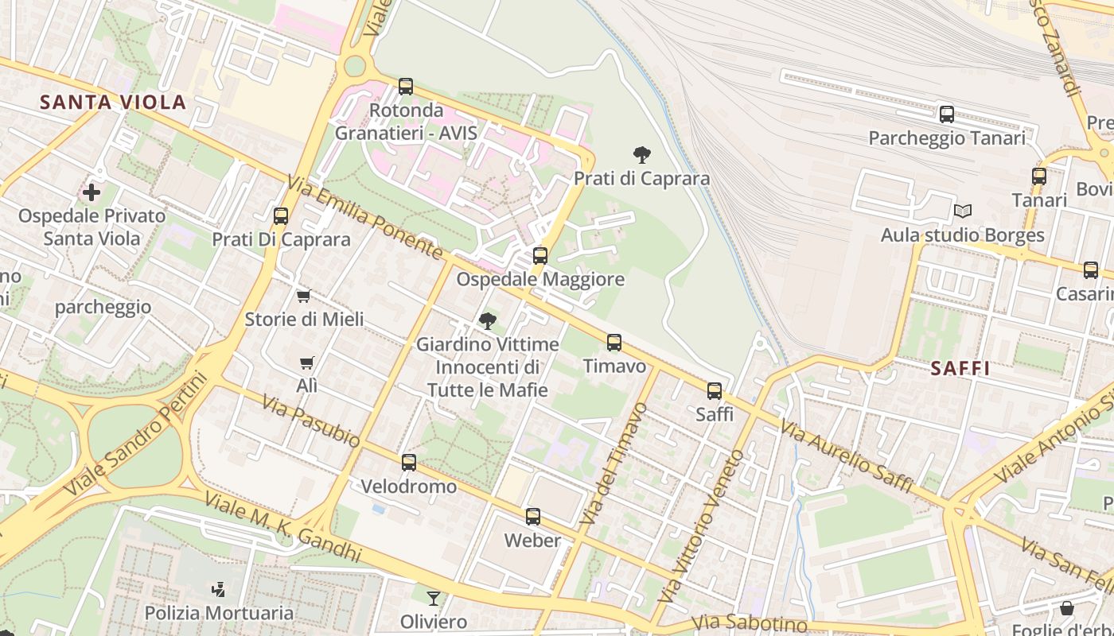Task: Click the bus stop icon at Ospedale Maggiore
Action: pyautogui.click(x=540, y=256)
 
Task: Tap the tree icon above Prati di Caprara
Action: pyautogui.click(x=641, y=154)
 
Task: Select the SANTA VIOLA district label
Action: pyautogui.click(x=113, y=102)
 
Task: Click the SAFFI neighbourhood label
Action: pyautogui.click(x=960, y=368)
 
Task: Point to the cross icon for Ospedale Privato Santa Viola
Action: pyautogui.click(x=92, y=192)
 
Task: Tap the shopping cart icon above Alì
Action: pyautogui.click(x=306, y=363)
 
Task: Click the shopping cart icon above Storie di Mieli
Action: pyautogui.click(x=303, y=297)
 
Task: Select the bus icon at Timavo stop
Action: pyautogui.click(x=614, y=343)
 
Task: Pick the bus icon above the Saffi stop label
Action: pyautogui.click(x=715, y=391)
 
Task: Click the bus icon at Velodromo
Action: pyautogui.click(x=409, y=463)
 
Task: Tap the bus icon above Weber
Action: pyautogui.click(x=533, y=517)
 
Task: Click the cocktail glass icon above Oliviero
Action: pyautogui.click(x=433, y=598)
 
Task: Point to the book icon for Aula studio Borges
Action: pyautogui.click(x=963, y=211)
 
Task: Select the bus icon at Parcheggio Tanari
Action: pyautogui.click(x=946, y=114)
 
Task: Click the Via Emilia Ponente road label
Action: pyautogui.click(x=367, y=218)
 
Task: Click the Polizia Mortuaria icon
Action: pyautogui.click(x=218, y=590)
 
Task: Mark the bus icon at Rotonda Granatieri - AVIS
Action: pyautogui.click(x=406, y=87)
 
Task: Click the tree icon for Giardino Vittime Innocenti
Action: pyautogui.click(x=487, y=321)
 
